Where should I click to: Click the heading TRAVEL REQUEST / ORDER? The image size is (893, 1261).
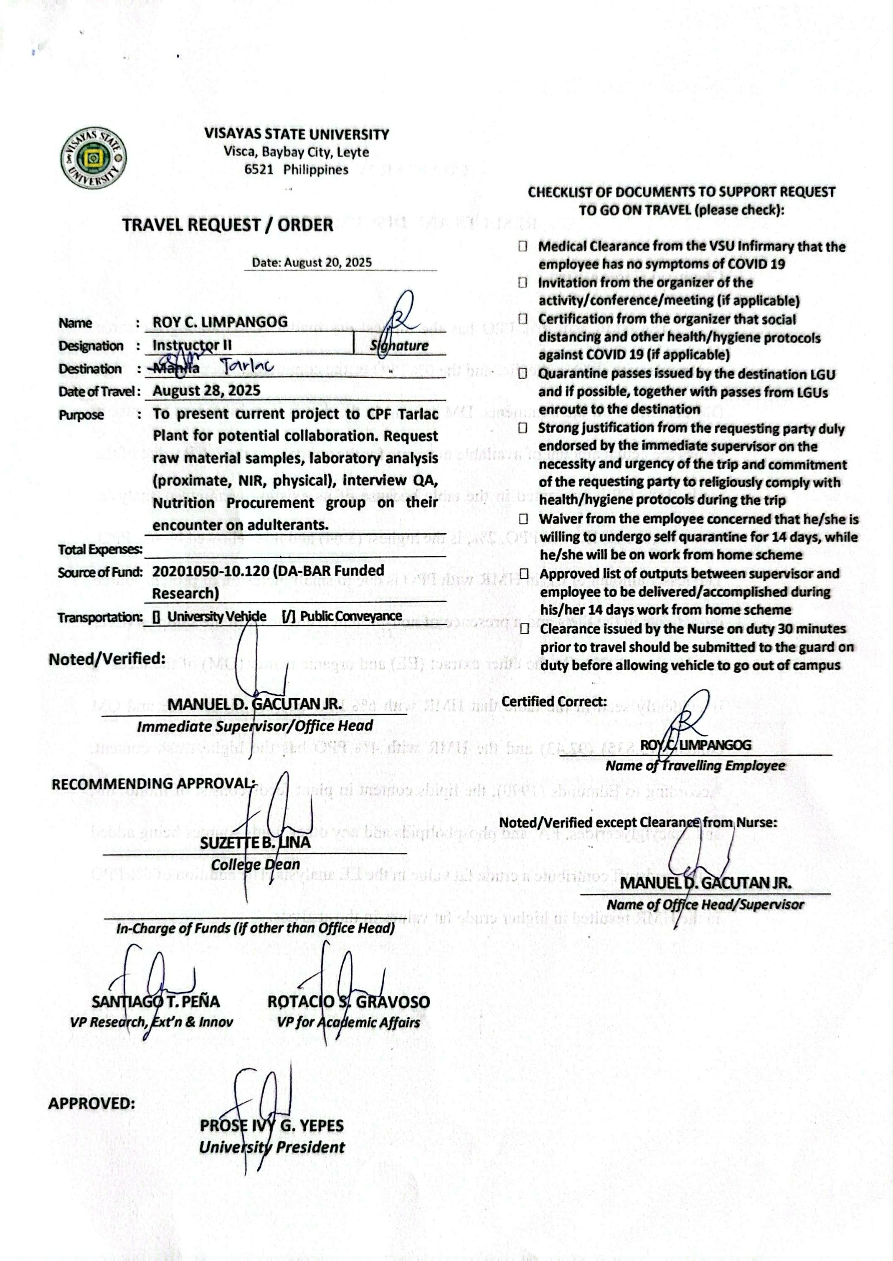pos(228,225)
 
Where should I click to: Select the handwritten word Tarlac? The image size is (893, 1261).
pos(247,365)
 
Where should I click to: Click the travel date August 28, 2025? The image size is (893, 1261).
pos(206,391)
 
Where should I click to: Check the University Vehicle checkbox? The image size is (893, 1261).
pos(157,617)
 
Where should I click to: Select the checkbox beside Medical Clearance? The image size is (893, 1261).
pos(523,246)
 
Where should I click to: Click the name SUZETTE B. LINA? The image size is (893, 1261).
pos(255,843)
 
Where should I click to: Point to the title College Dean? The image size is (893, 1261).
pos(255,865)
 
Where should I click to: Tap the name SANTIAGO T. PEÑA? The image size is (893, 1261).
pos(156,1002)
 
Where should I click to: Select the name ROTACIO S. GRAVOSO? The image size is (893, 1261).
pos(349,1002)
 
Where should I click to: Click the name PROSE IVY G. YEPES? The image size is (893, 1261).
pos(271,1125)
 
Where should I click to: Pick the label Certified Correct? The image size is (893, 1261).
pos(554,701)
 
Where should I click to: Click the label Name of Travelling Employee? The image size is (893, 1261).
pos(695,766)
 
